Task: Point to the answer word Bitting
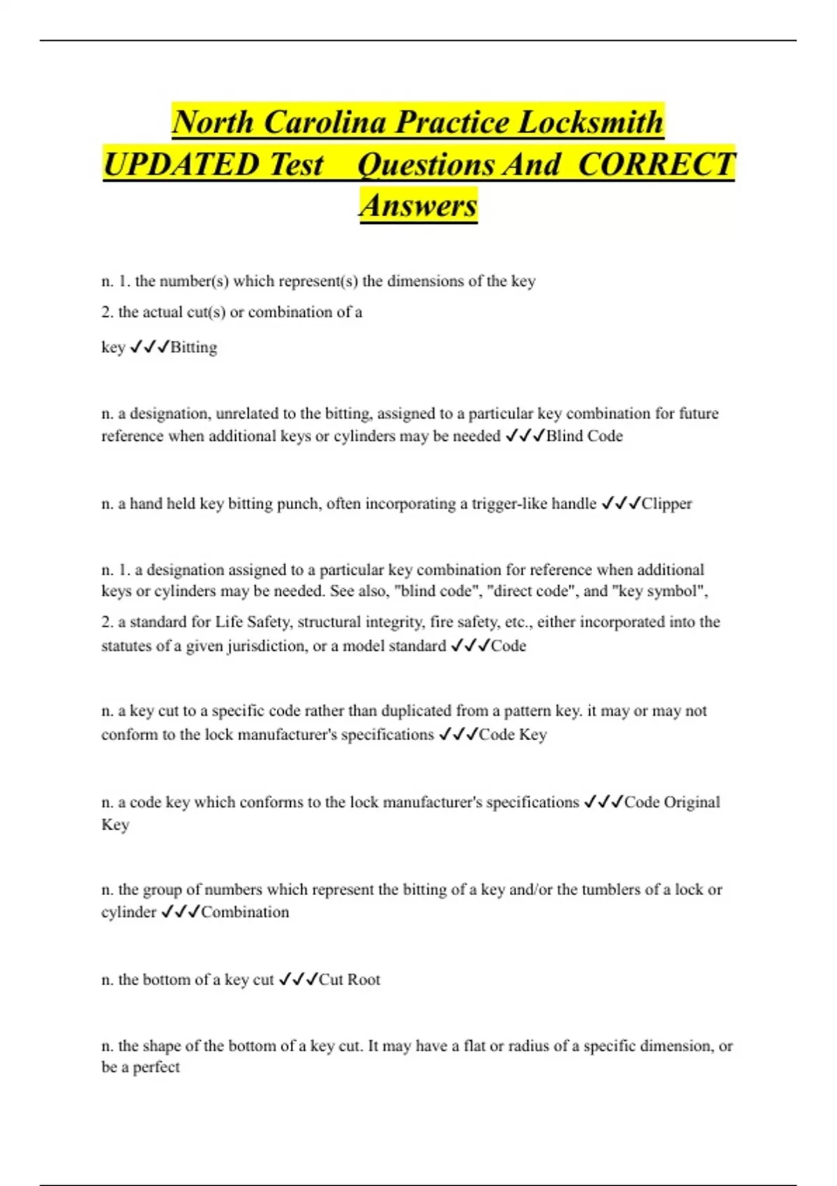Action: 194,347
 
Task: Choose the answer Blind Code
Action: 584,436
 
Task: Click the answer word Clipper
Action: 667,504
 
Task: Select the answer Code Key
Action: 513,735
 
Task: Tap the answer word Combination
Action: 245,912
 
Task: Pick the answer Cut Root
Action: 349,979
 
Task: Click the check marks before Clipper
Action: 620,504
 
